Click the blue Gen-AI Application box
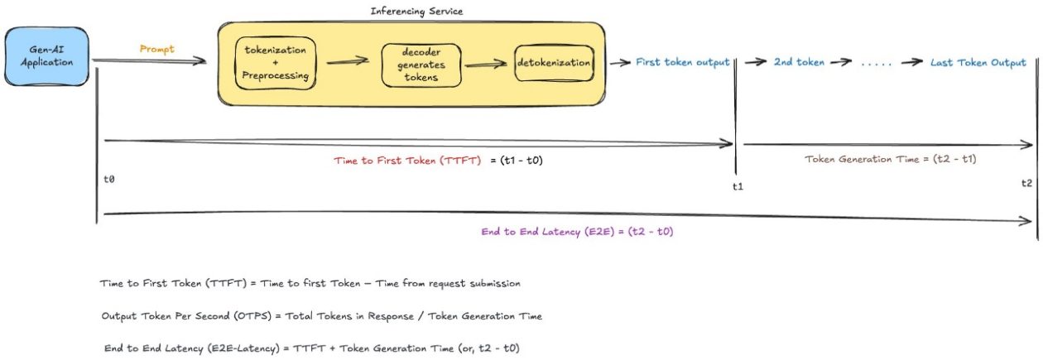click(x=46, y=56)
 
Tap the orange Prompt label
click(x=156, y=49)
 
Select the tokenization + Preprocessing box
click(x=276, y=63)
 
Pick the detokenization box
click(x=554, y=63)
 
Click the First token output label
click(x=682, y=62)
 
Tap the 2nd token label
click(x=799, y=63)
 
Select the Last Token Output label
click(x=978, y=62)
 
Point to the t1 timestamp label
click(x=738, y=186)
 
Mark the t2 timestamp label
click(x=1026, y=183)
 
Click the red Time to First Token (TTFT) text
click(x=407, y=161)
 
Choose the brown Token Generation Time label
click(x=891, y=158)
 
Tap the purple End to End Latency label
click(x=577, y=232)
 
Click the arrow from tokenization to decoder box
click(x=348, y=61)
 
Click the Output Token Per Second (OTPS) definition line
click(x=321, y=316)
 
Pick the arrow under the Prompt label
click(x=149, y=61)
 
